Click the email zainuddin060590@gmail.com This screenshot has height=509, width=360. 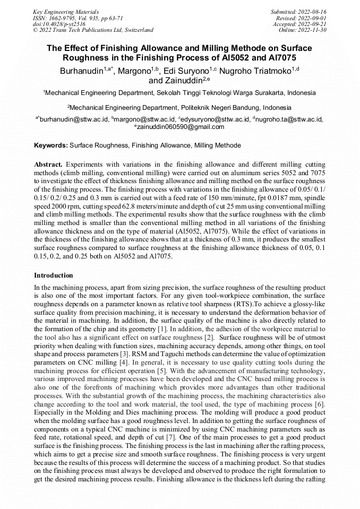click(180, 127)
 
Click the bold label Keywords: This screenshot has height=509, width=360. click(51, 145)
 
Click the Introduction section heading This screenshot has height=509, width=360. click(54, 275)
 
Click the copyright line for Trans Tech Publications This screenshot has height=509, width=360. click(93, 30)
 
